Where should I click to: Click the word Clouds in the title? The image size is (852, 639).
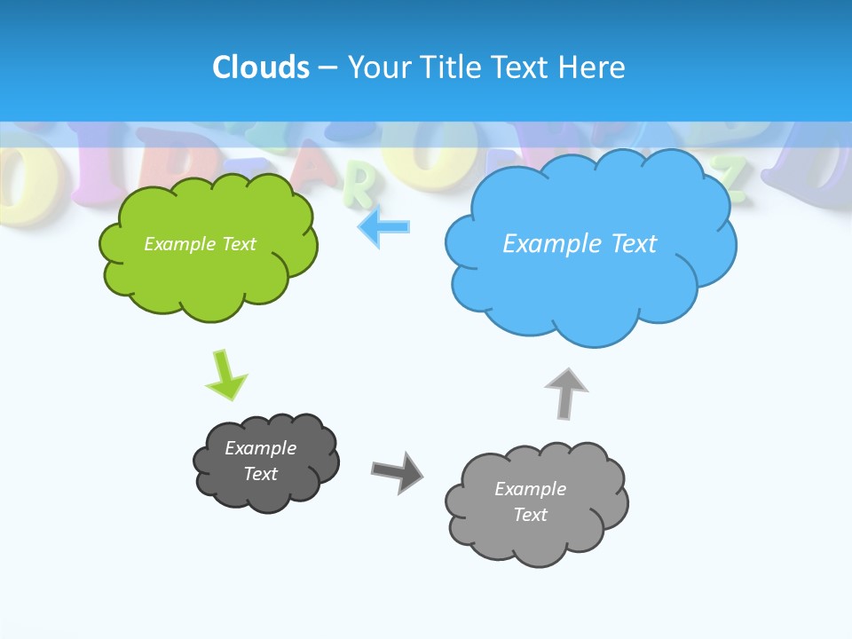pos(260,67)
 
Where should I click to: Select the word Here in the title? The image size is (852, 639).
pos(594,67)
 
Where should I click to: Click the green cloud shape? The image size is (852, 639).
pos(209,275)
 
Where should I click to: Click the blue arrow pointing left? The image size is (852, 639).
pos(384,227)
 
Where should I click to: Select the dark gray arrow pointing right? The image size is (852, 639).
pos(398,471)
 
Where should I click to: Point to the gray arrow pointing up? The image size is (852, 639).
pos(566,393)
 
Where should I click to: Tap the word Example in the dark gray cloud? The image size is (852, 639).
pos(261,448)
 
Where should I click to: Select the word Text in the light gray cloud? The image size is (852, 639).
pos(530,515)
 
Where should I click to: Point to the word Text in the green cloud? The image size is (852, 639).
pos(239,243)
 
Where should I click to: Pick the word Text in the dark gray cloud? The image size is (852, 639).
pos(261,474)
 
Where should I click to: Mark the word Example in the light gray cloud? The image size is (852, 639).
pos(530,489)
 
